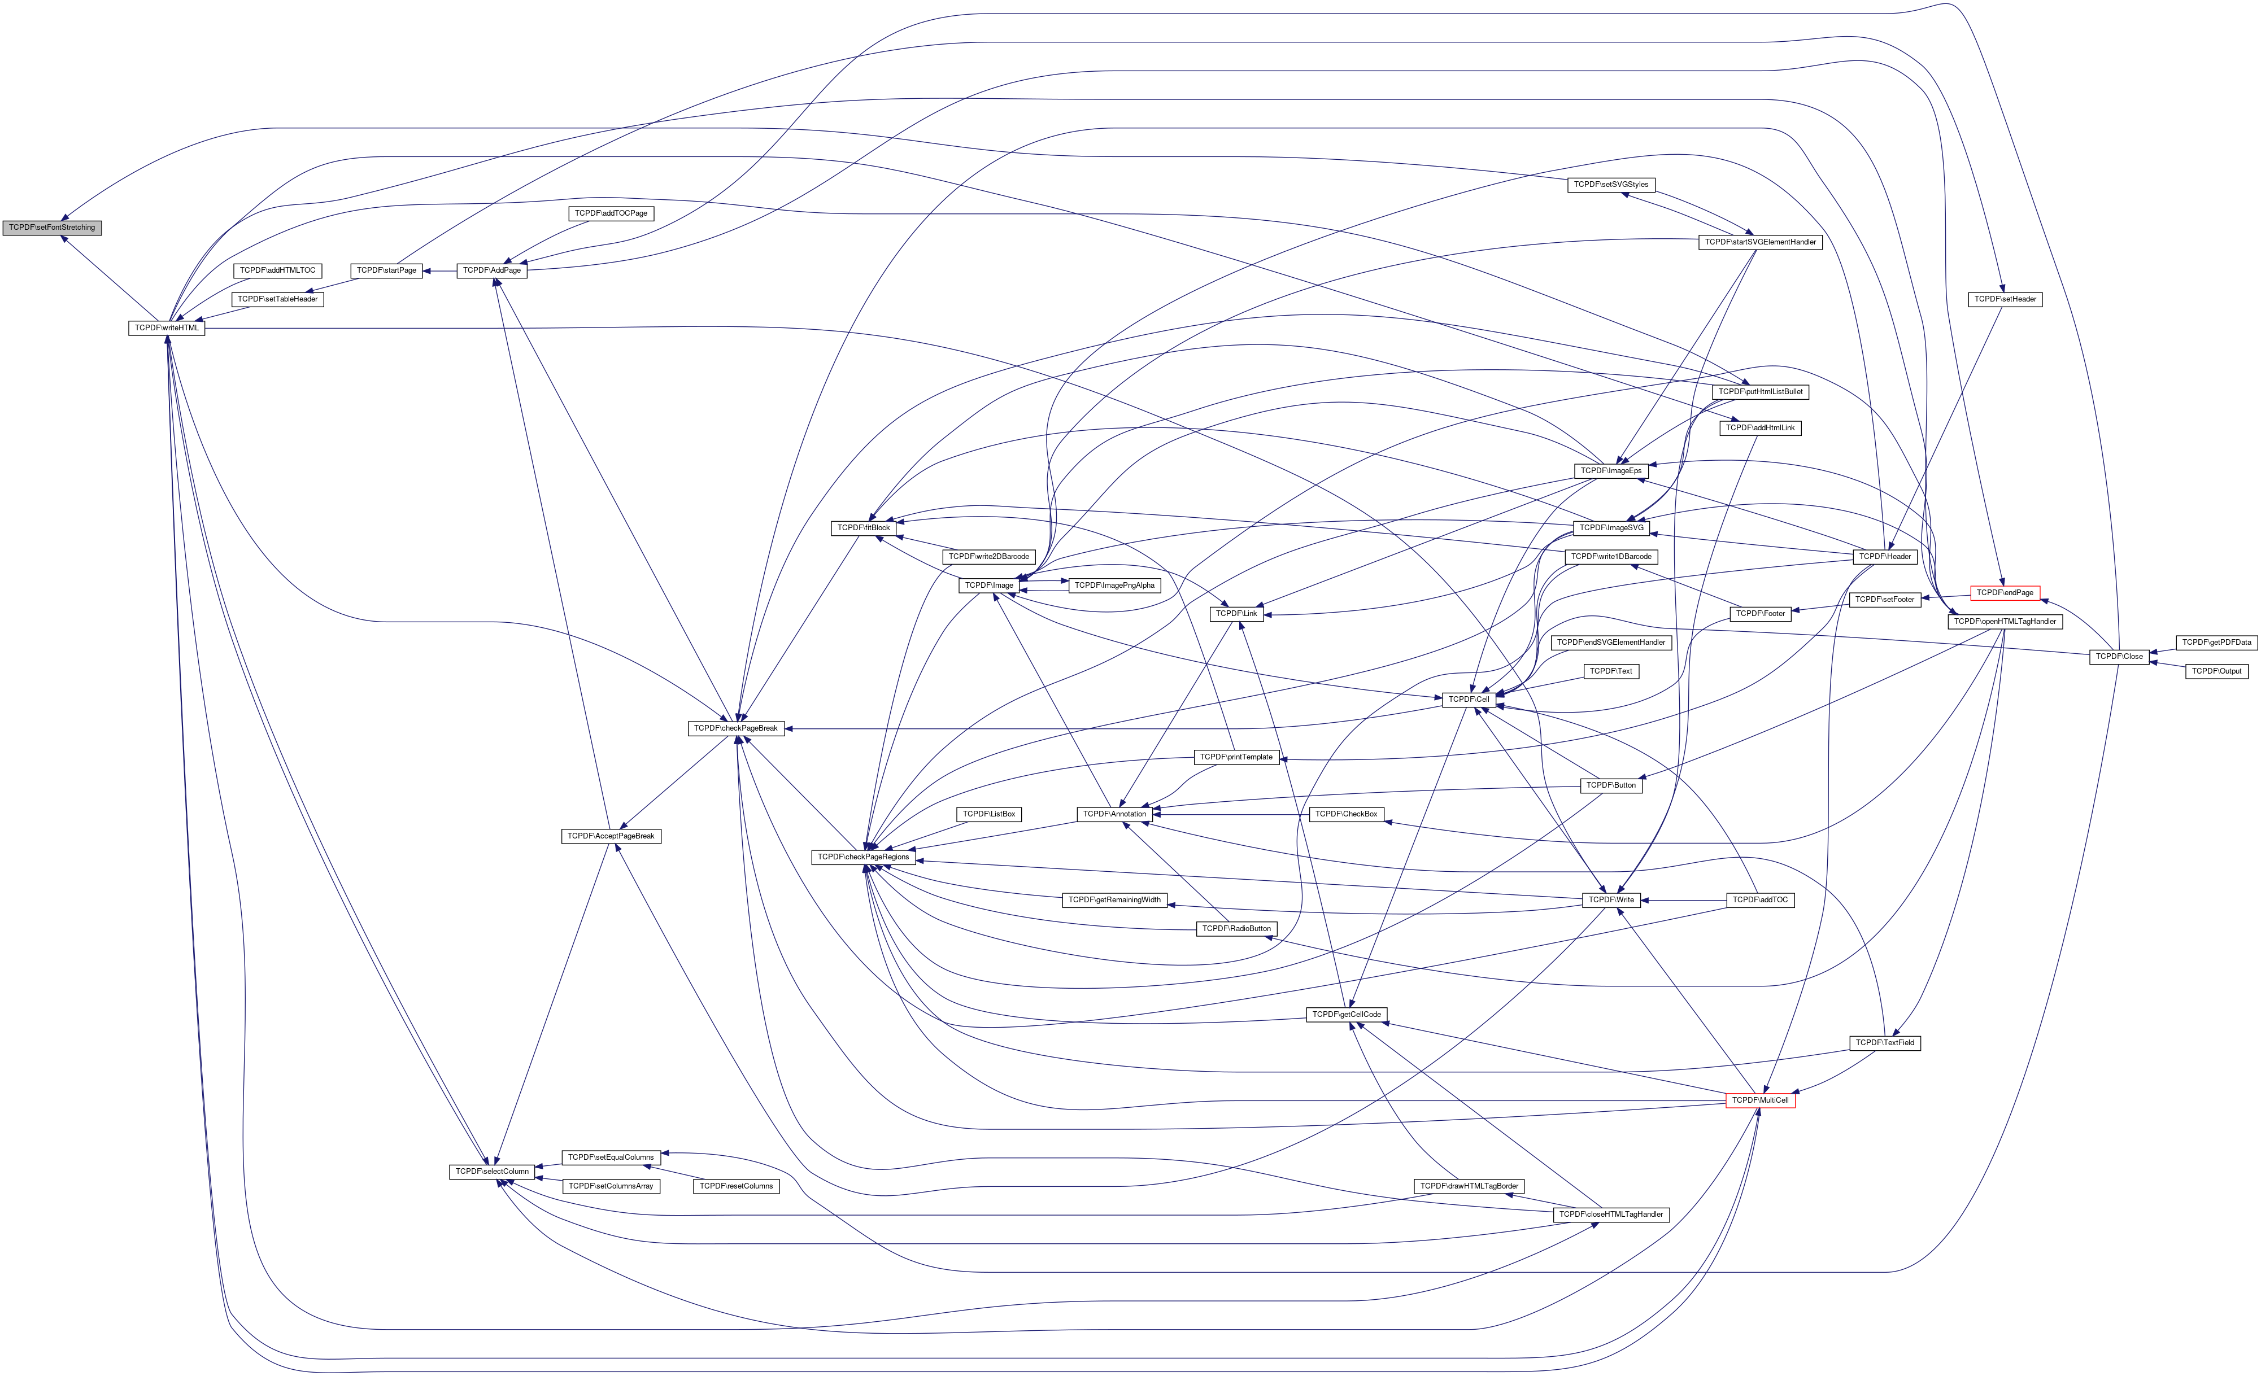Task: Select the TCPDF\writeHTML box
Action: coord(166,327)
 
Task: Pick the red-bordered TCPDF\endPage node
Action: coord(2005,593)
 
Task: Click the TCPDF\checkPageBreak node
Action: coord(735,728)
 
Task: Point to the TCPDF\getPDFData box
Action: coord(2216,642)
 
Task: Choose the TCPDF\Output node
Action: coord(2216,671)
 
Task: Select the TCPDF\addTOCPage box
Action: coord(611,213)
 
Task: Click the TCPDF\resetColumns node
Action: coord(736,1186)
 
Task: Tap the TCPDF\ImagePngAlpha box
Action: coord(1115,586)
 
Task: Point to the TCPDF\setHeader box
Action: coord(2005,299)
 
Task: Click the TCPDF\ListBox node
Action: coord(988,814)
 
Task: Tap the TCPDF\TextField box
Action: coord(1884,1043)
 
